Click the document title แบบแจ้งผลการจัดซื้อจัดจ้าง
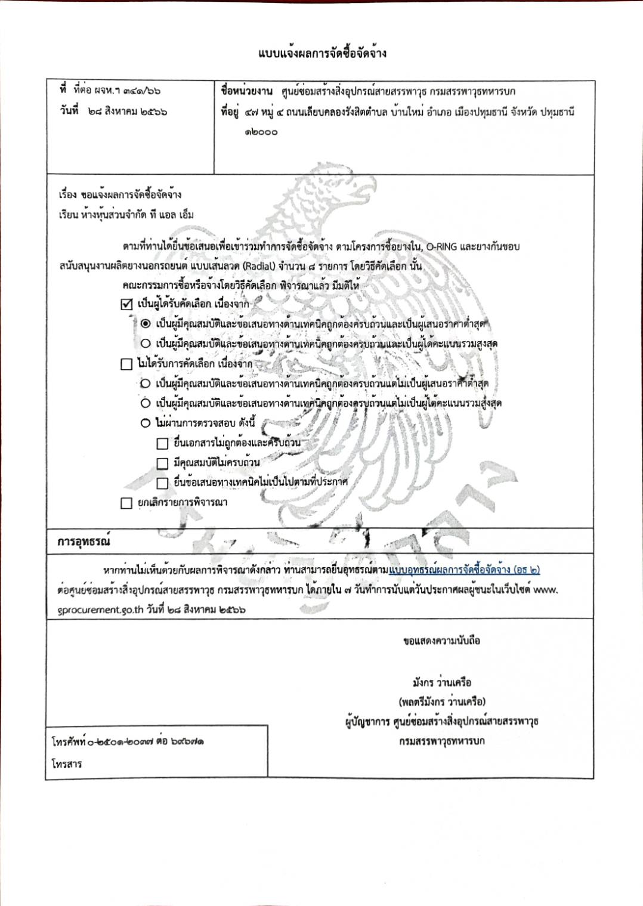[322, 53]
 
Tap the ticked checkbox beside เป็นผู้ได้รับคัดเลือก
[126, 304]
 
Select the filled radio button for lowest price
[146, 324]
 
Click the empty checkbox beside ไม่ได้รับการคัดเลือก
[126, 364]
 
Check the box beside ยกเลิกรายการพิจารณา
[126, 503]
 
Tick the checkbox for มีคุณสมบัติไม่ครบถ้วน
[162, 463]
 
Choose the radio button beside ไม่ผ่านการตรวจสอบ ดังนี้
[146, 423]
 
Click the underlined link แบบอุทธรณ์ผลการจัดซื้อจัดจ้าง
[464, 570]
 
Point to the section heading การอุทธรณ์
[84, 542]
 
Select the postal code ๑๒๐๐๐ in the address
[261, 132]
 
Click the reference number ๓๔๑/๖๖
[141, 91]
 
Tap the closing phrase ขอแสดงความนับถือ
[441, 641]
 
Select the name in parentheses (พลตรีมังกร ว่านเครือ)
[441, 701]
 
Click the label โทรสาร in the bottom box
[67, 764]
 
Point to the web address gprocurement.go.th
[101, 610]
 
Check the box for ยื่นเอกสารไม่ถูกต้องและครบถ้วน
[162, 444]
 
